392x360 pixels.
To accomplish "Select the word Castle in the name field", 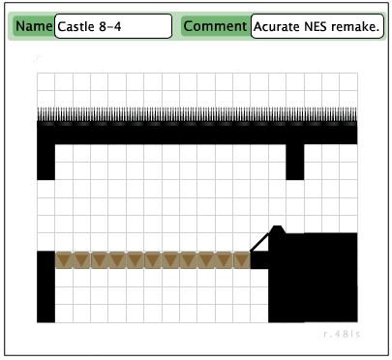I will coord(75,26).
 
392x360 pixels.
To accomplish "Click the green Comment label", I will coord(215,26).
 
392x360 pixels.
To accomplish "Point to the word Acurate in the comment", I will coord(276,26).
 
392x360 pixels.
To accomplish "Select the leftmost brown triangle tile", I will coord(65,259).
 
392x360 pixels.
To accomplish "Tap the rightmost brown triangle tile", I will coord(241,259).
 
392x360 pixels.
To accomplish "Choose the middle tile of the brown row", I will coord(153,259).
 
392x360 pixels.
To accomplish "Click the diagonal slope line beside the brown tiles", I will coord(261,240).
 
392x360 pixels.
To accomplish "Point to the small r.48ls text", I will coord(343,334).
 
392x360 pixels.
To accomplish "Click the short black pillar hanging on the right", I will coord(295,161).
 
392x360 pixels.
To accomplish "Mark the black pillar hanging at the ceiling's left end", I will coord(45,161).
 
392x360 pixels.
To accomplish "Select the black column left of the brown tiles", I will coord(45,285).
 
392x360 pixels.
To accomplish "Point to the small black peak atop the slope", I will coord(278,229).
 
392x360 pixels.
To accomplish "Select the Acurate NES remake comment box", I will coord(317,26).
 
